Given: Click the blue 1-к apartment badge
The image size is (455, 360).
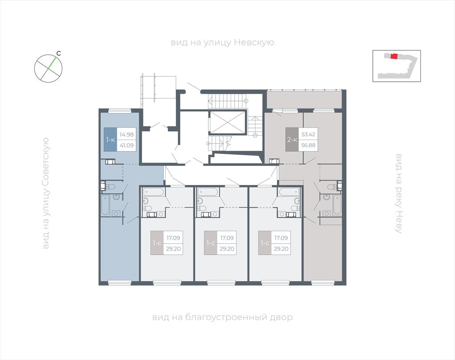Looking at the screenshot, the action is click(110, 140).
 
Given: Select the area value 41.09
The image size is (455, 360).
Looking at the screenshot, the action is click(127, 145).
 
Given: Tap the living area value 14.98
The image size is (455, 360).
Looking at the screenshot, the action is click(127, 134).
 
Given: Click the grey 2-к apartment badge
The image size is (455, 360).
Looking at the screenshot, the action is click(292, 140).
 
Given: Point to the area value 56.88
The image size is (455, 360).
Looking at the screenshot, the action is click(308, 145).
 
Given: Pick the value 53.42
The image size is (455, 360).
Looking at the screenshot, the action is click(308, 134).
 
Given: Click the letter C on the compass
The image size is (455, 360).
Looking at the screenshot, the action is click(59, 53).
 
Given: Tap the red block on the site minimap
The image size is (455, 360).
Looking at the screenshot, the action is click(394, 56).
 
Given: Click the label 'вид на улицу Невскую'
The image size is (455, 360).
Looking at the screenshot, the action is click(222, 43).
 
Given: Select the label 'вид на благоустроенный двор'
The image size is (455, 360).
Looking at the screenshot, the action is click(222, 317).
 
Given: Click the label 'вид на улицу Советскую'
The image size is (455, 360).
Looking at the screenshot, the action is click(46, 193).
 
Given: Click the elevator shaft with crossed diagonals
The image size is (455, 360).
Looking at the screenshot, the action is click(227, 122).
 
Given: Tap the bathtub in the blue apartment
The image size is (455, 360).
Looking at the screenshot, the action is click(105, 205).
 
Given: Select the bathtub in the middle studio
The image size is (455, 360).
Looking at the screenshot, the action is click(207, 192).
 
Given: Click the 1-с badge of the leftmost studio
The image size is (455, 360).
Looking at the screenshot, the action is click(157, 243).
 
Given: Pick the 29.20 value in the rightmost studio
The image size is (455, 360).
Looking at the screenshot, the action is click(281, 249).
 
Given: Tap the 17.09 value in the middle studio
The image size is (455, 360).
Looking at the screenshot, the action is click(227, 238).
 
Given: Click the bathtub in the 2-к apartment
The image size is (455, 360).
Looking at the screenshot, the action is click(338, 205).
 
